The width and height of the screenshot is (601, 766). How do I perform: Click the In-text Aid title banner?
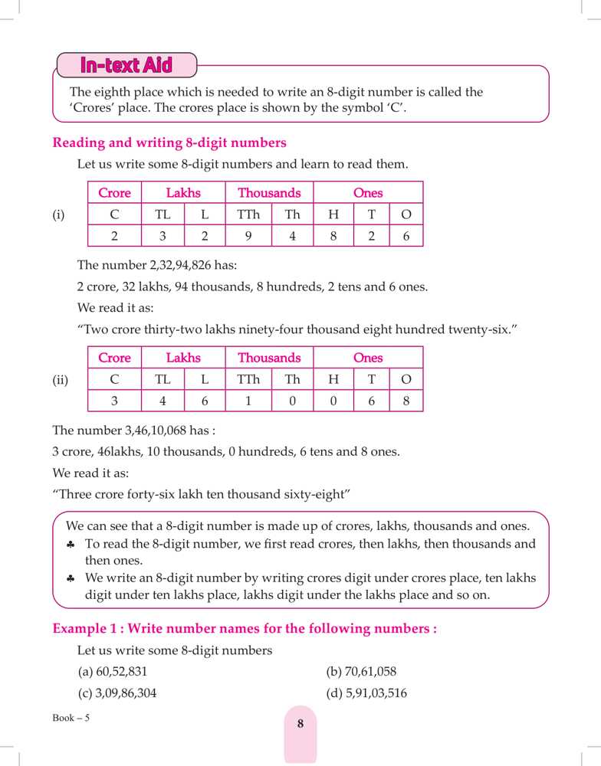[x=126, y=66]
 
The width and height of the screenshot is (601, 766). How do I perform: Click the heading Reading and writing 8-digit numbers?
[x=169, y=142]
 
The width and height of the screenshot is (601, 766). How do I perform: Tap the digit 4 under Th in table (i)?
[x=292, y=236]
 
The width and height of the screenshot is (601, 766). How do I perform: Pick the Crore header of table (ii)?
[x=115, y=358]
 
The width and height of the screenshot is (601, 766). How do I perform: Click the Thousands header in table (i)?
[x=269, y=193]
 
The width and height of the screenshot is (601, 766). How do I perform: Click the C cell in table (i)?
[x=115, y=214]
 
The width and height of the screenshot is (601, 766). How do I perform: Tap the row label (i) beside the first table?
[x=59, y=215]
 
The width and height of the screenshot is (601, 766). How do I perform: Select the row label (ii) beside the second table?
[x=61, y=380]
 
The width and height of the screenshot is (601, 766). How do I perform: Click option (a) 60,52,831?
[x=112, y=672]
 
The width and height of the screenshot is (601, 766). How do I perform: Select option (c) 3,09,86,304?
[x=122, y=693]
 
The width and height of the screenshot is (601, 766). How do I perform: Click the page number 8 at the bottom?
[x=300, y=723]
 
